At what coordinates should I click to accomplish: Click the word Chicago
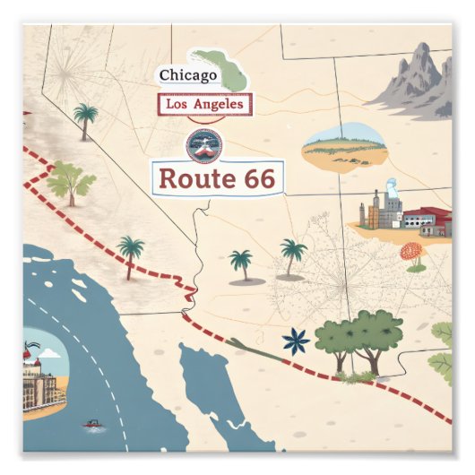pyautogui.click(x=188, y=76)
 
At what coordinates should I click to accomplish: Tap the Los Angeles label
pyautogui.click(x=204, y=105)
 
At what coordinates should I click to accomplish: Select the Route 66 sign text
pyautogui.click(x=217, y=178)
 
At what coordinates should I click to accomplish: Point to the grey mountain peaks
pyautogui.click(x=415, y=82)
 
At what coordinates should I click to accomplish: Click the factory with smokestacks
pyautogui.click(x=381, y=211)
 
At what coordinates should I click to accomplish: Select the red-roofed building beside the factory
pyautogui.click(x=427, y=220)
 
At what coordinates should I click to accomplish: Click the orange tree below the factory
pyautogui.click(x=414, y=255)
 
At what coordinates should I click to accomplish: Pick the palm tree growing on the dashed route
pyautogui.click(x=131, y=251)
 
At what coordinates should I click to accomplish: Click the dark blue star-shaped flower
pyautogui.click(x=295, y=341)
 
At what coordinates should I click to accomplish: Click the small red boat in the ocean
pyautogui.click(x=91, y=422)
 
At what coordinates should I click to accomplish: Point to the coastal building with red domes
pyautogui.click(x=41, y=372)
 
